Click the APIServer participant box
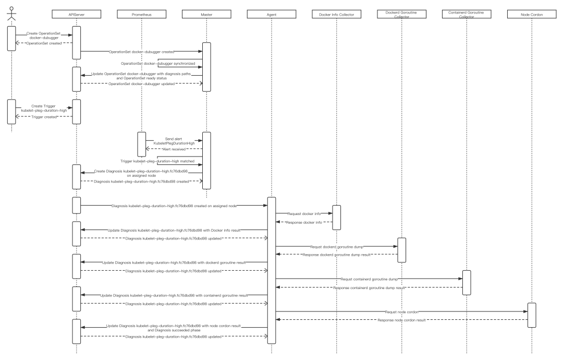pos(77,15)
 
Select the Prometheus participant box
pos(142,15)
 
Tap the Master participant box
pos(206,15)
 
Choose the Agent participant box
pos(272,15)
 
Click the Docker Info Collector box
pos(336,15)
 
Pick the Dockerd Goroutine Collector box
pos(401,15)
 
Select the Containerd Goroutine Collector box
pos(466,15)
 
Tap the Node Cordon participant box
pos(532,15)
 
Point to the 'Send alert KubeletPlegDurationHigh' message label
pos(174,141)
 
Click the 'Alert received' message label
pos(174,149)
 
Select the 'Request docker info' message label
pos(304,214)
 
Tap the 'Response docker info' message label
pos(304,222)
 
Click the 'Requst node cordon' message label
pos(401,311)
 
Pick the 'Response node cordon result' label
pos(401,320)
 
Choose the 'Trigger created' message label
pos(44,117)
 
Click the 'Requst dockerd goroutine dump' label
pos(336,246)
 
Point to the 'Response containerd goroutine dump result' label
pos(369,287)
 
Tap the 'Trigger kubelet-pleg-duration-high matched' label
pos(157,161)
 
